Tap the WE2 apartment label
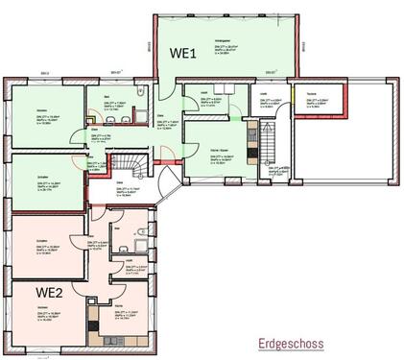pyautogui.click(x=50, y=290)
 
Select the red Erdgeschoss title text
pyautogui.click(x=290, y=343)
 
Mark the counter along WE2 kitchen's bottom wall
pyautogui.click(x=120, y=342)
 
